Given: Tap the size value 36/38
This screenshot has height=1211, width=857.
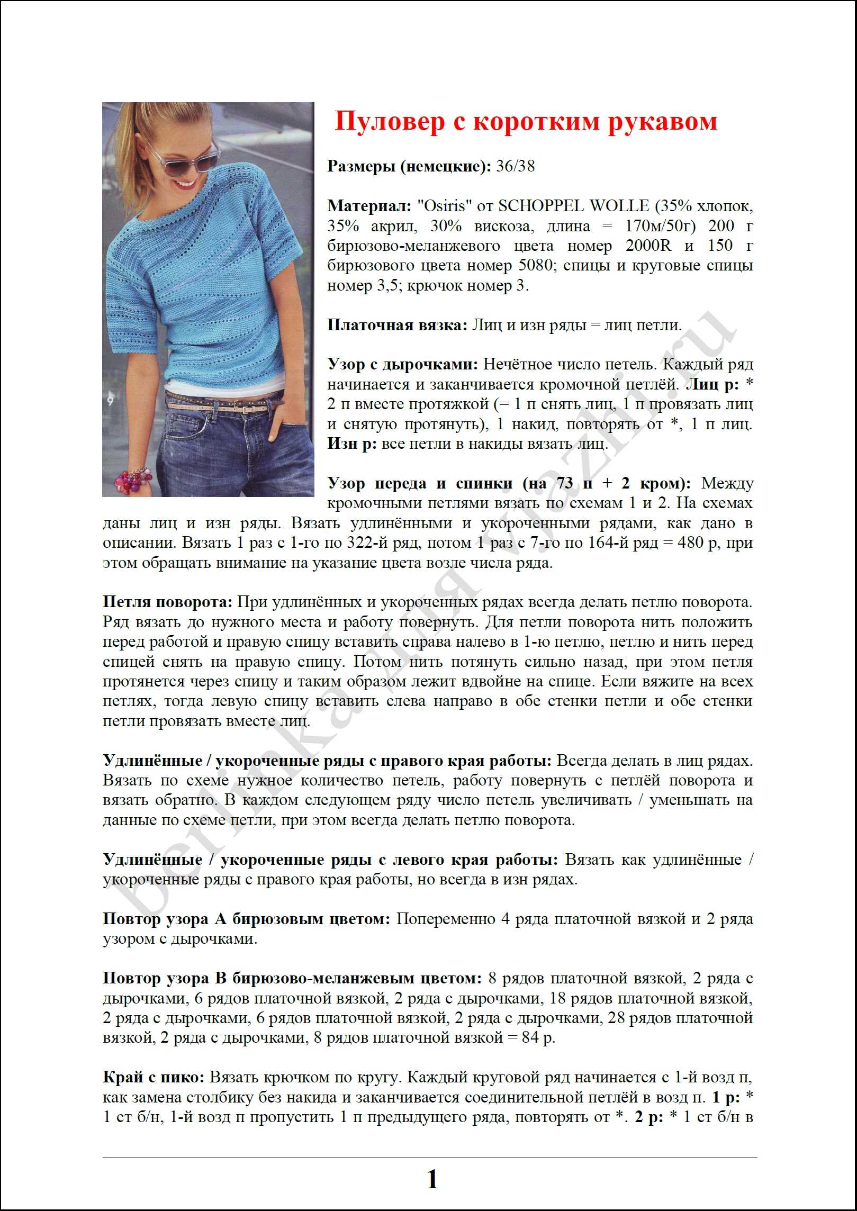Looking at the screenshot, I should coord(515,167).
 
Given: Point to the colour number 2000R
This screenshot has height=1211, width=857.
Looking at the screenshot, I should coord(648,246).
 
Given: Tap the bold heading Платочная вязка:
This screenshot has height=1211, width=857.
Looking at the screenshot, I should coord(397,325).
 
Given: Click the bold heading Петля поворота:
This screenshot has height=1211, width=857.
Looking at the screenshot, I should coord(167,602).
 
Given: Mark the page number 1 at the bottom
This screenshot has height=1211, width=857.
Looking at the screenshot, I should coord(432,1179).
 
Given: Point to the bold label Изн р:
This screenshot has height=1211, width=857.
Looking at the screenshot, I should coord(351,444).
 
